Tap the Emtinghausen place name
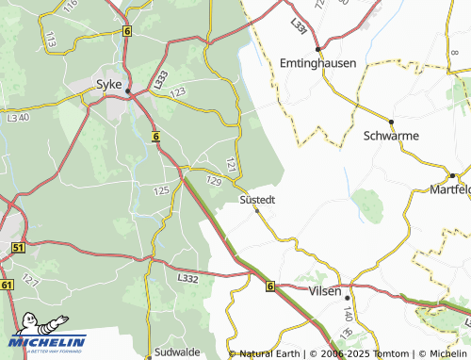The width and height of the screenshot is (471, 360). [317, 62]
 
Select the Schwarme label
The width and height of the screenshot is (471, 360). [390, 136]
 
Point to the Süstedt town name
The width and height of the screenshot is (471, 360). [257, 200]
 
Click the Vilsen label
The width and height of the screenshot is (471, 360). [326, 292]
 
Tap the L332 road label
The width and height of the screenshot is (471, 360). [187, 279]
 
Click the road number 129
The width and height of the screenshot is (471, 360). [213, 180]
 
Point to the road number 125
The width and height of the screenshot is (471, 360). [160, 191]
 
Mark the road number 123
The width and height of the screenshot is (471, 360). [177, 90]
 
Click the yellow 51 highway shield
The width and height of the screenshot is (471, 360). [18, 247]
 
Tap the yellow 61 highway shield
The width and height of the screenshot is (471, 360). [8, 284]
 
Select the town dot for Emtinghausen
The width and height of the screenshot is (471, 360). [318, 48]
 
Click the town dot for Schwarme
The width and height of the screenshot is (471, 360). [391, 122]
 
